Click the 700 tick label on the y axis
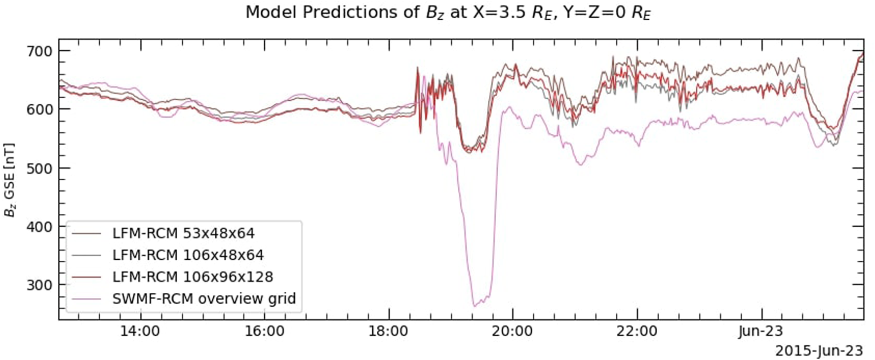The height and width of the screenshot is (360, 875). point(39,51)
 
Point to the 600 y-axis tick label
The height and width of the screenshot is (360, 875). point(39,109)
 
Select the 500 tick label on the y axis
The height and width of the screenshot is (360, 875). point(39,168)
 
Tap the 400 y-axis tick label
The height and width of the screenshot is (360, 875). point(39,226)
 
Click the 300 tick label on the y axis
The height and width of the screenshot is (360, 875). point(39,285)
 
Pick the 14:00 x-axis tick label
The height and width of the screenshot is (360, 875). point(140,331)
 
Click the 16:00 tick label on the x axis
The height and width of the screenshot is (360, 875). point(265,331)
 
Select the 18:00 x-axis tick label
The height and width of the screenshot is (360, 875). point(389,331)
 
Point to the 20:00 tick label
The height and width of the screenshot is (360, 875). point(513,331)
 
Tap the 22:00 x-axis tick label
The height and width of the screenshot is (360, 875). point(637,331)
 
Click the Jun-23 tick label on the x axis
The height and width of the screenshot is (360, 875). point(761,331)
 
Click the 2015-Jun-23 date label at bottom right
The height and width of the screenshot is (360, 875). point(819,351)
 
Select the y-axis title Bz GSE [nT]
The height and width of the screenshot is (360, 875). point(9,180)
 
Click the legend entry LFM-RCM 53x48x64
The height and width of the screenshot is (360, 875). point(183,233)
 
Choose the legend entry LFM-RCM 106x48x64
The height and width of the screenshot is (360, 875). point(188,255)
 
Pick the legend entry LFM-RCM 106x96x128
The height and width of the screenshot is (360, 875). point(193,277)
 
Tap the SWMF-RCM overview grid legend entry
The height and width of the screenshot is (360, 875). point(203,298)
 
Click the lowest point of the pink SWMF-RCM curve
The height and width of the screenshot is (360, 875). point(475,306)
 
